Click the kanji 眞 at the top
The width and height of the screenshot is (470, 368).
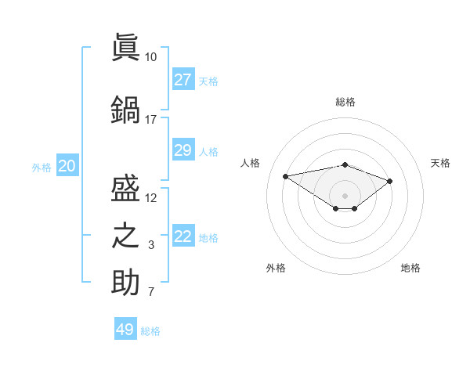(125, 47)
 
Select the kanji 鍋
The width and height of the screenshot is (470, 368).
(125, 110)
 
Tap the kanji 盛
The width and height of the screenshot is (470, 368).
(125, 188)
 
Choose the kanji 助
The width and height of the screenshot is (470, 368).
(125, 282)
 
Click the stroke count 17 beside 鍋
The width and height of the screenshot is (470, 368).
(150, 120)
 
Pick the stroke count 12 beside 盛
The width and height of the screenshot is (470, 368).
(150, 198)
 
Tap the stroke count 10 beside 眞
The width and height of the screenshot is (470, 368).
(150, 57)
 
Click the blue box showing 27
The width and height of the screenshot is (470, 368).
(183, 79)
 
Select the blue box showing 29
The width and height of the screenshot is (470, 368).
(183, 150)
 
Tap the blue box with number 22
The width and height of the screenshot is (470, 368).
(183, 235)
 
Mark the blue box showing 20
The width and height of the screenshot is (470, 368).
(67, 165)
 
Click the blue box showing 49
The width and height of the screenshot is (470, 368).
(125, 328)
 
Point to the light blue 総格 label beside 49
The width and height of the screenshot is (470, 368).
(150, 331)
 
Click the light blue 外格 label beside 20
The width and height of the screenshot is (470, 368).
(42, 168)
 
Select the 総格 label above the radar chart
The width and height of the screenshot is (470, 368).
(345, 102)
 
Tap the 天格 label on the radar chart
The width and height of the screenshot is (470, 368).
(440, 163)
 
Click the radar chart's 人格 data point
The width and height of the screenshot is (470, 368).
(285, 176)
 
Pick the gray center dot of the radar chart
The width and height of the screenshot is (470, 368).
(345, 196)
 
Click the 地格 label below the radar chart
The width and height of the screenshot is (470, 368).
(410, 268)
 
